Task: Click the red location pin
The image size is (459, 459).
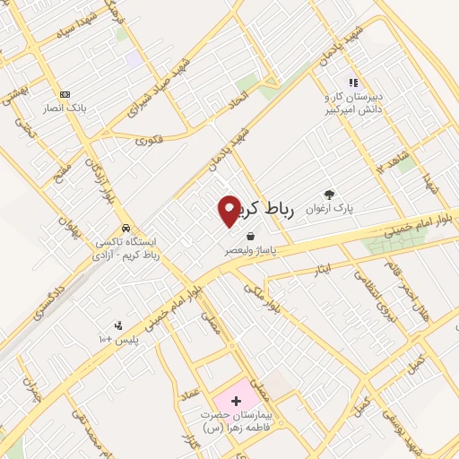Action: coord(229,211)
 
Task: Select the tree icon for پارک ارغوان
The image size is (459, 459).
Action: coord(329,193)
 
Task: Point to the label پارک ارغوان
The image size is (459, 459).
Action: coord(329,208)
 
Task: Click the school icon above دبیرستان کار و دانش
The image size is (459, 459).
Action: coord(354,82)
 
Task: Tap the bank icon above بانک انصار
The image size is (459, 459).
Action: coord(65,94)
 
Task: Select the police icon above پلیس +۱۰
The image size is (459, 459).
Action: coord(117,325)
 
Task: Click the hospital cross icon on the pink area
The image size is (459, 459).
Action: coord(237,400)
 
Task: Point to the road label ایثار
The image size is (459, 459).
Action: coord(320,269)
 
